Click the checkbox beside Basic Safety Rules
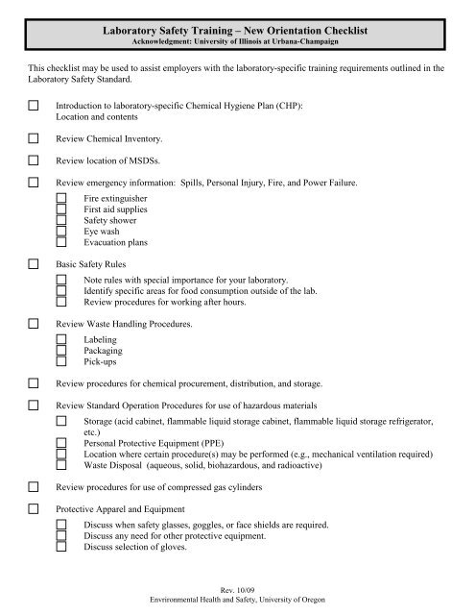[35, 262]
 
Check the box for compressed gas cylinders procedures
[35, 488]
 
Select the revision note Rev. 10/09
[237, 588]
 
